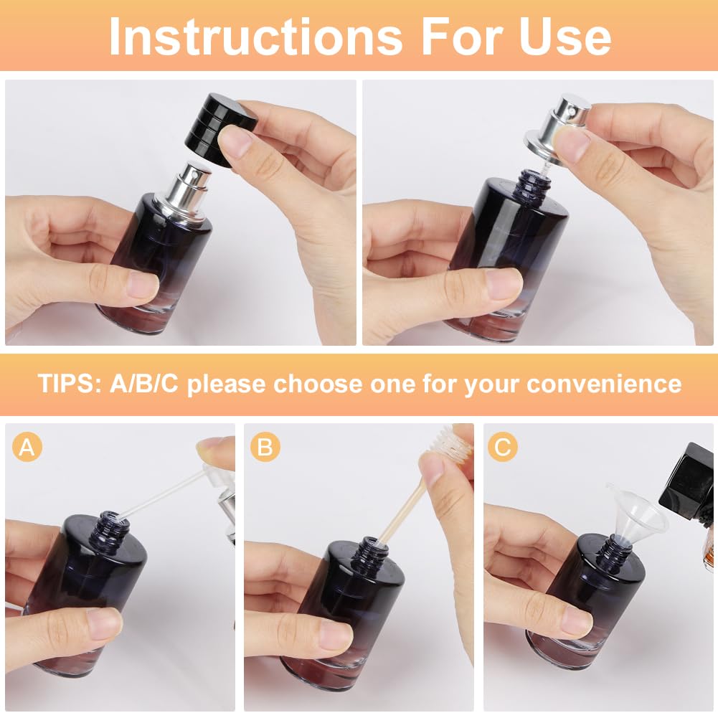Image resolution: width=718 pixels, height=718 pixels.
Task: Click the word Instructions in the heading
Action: (255, 36)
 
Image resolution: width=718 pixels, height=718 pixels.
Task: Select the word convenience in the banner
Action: (604, 384)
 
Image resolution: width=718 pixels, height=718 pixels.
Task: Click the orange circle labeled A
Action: (27, 446)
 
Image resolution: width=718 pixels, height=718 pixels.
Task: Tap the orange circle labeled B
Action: (265, 446)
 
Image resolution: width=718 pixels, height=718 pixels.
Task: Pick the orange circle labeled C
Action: (502, 446)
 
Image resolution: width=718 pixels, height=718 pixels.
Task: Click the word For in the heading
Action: (460, 36)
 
